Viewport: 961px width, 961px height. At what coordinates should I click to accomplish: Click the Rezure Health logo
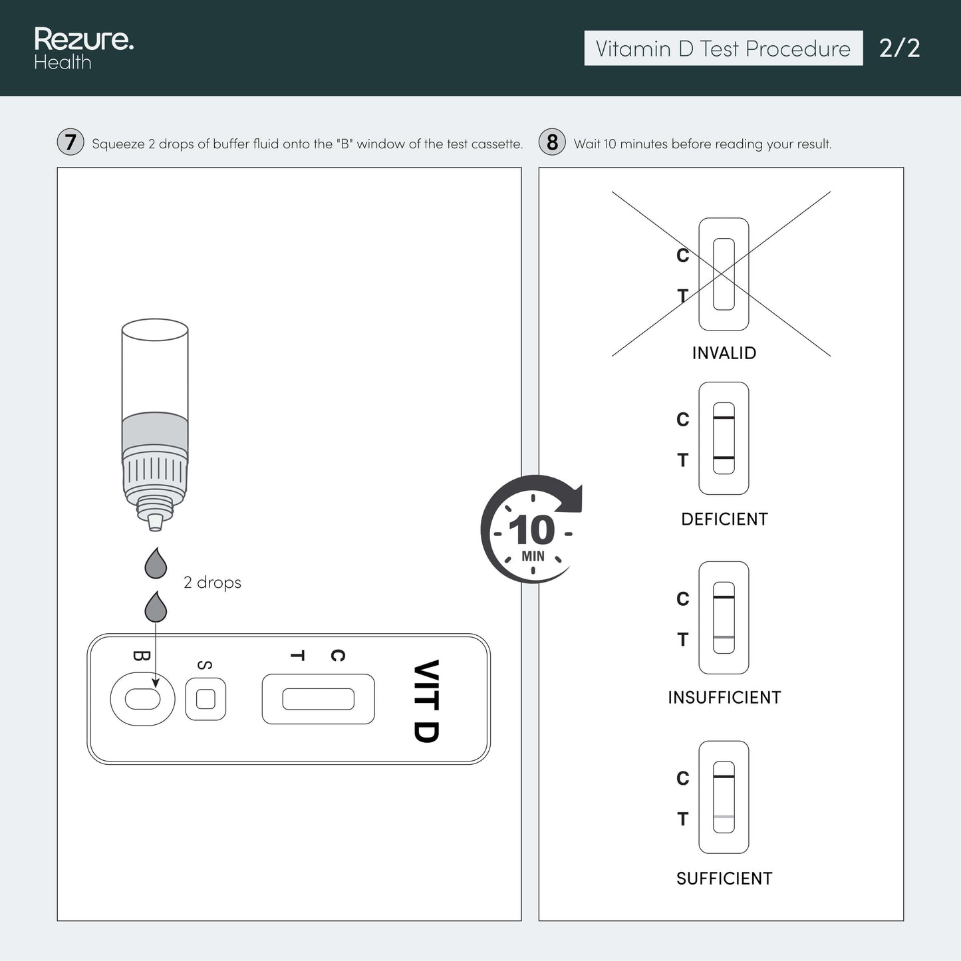tap(84, 48)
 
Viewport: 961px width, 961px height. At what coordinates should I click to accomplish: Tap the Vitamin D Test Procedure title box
tap(723, 48)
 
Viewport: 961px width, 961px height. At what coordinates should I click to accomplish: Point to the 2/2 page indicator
tap(899, 49)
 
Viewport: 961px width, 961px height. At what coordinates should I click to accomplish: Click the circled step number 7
tap(70, 142)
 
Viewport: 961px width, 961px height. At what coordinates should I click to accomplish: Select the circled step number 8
tap(552, 142)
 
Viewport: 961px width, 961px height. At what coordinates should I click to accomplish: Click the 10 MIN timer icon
tap(531, 529)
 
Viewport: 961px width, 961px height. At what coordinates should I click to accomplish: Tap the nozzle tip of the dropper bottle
tap(155, 522)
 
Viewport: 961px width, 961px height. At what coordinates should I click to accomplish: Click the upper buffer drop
tap(156, 563)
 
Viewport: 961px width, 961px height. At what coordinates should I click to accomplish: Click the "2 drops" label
tap(212, 582)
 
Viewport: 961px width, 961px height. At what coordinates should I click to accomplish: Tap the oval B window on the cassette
tap(142, 699)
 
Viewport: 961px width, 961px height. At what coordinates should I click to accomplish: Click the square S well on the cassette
tap(206, 699)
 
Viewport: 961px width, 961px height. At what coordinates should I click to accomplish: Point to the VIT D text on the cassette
tap(427, 701)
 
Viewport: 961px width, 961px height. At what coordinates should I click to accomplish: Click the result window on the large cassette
tap(318, 699)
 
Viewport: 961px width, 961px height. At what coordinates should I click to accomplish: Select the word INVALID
tap(724, 353)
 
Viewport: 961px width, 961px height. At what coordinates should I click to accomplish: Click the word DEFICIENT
tap(724, 519)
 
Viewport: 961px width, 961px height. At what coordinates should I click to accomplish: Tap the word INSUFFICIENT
tap(724, 697)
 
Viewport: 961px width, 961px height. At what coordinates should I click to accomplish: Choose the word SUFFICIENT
tap(724, 879)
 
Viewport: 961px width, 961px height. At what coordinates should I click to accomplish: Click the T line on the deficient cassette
tap(724, 458)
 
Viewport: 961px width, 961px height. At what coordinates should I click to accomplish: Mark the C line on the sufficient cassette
tap(724, 777)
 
